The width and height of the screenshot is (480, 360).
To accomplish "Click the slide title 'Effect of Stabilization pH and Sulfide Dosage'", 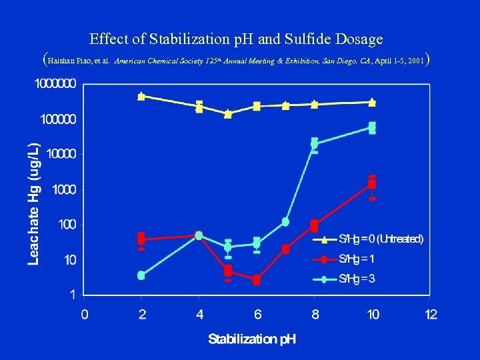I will (236, 39).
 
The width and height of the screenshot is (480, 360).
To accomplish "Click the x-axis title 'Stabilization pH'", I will (252, 339).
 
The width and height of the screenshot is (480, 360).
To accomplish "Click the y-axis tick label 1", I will (73, 293).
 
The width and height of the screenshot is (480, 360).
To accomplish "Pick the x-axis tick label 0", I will (84, 314).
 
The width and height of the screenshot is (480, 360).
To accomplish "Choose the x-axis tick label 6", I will (257, 314).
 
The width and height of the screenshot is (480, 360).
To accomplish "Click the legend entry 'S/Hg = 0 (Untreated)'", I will (381, 239).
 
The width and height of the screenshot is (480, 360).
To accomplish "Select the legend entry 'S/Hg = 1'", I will (357, 259).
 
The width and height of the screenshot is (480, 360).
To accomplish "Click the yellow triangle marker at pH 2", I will (141, 96).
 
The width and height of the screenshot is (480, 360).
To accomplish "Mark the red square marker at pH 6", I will (257, 281).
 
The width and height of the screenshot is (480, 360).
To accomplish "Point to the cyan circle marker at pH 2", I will (141, 275).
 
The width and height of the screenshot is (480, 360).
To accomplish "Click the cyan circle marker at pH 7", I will (285, 221).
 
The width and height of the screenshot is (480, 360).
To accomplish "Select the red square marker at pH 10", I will (372, 183).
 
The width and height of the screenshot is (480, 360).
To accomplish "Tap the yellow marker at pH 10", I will (372, 102).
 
